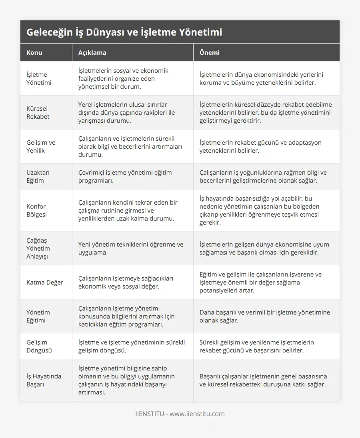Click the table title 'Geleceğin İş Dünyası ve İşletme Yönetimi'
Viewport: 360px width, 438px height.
(124, 32)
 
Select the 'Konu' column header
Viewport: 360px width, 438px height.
(34, 52)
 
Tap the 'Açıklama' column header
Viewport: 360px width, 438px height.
(92, 52)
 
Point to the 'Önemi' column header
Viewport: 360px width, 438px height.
(209, 52)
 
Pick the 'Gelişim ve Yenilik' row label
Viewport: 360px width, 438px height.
(41, 146)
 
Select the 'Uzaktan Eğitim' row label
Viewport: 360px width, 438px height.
(38, 176)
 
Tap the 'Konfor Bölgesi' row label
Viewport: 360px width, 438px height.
(36, 210)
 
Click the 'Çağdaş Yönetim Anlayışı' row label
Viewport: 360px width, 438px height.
(38, 248)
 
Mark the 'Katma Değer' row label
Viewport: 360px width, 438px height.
(45, 282)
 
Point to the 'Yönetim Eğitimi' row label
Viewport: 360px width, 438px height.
(38, 316)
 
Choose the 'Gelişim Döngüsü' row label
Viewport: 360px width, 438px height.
(39, 346)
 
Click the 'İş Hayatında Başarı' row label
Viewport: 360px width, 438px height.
(44, 380)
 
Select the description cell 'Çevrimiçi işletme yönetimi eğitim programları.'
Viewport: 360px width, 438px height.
(125, 176)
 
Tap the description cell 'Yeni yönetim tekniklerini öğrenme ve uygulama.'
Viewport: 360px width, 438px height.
(131, 248)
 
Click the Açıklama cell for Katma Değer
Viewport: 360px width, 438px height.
(126, 282)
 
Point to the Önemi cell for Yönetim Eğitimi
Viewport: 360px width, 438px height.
(264, 316)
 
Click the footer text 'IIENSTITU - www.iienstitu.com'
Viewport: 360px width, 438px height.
(180, 414)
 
